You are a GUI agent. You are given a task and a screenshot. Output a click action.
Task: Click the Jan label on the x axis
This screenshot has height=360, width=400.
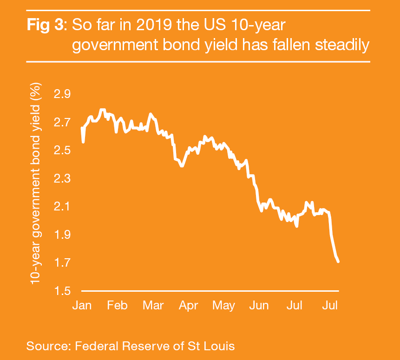click(82, 306)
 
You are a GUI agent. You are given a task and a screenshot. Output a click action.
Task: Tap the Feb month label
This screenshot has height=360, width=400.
click(117, 306)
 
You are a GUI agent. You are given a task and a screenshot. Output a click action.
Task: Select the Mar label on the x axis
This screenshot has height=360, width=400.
click(153, 306)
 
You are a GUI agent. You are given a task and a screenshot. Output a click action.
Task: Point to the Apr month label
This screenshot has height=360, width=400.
click(189, 306)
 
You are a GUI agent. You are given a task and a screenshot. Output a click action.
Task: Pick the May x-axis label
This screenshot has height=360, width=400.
click(223, 306)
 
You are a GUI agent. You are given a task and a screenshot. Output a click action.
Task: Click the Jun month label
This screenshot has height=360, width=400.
click(259, 306)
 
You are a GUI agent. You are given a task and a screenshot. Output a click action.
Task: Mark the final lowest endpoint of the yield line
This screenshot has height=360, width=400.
click(338, 262)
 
